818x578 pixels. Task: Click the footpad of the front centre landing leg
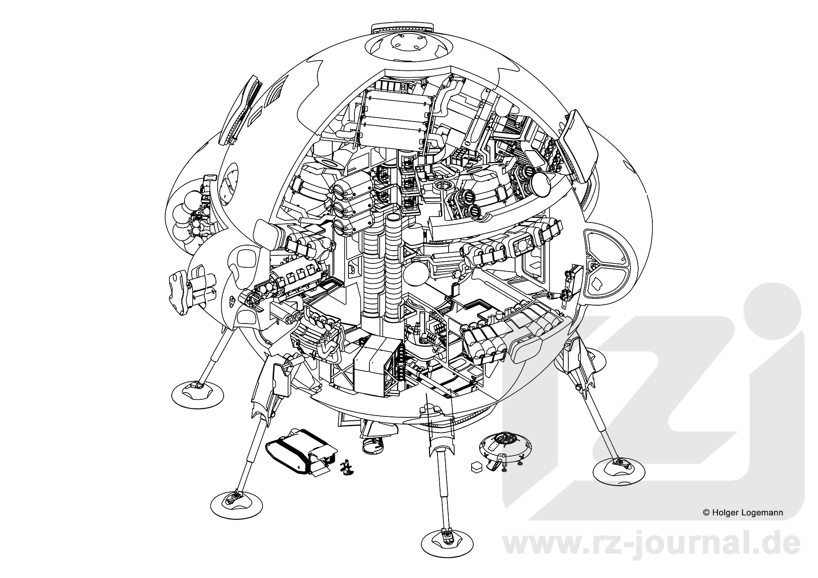(x=447, y=539)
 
